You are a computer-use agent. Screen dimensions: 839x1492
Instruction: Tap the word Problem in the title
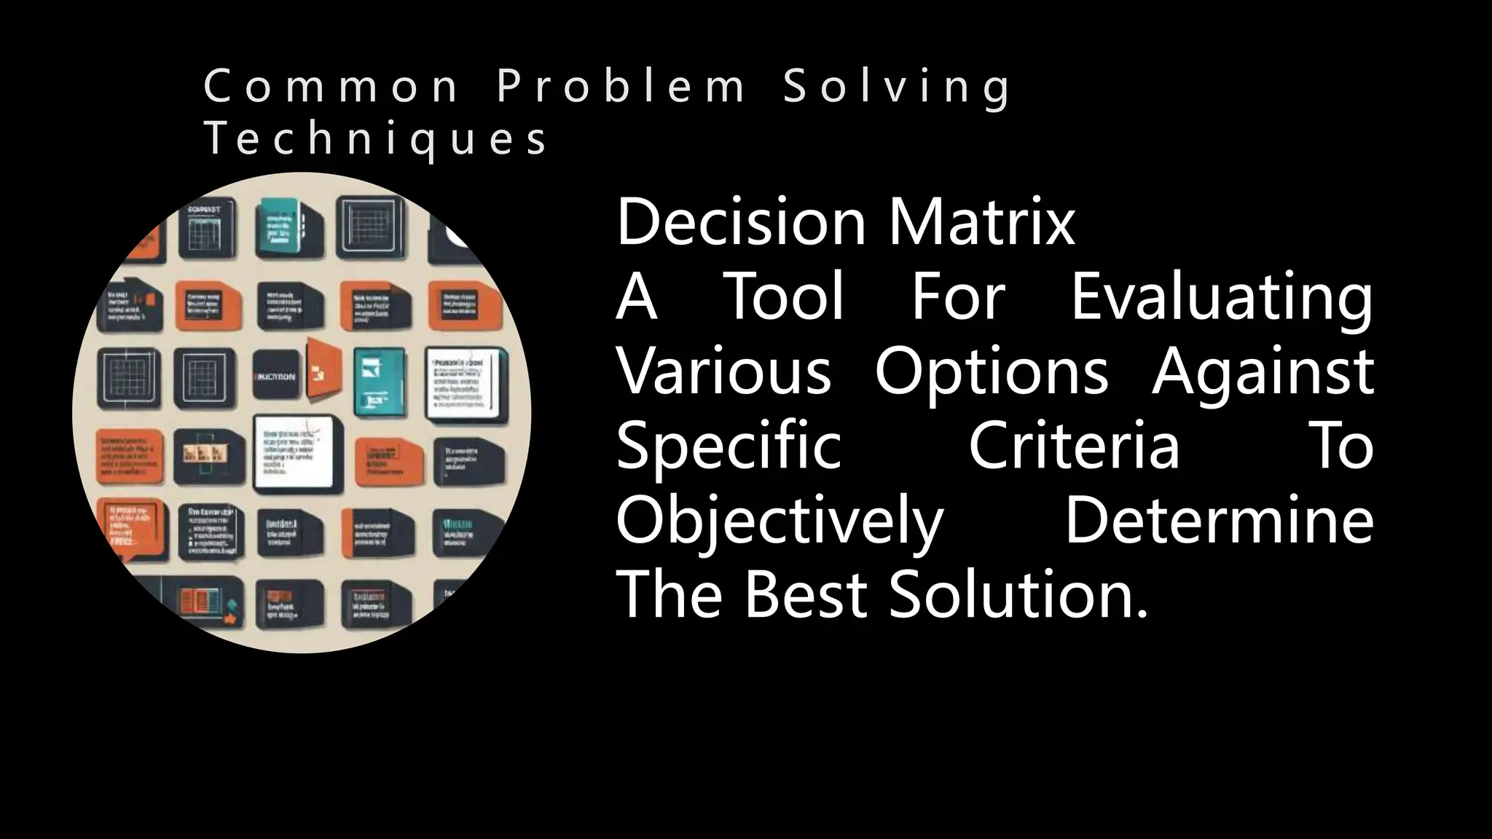tap(621, 86)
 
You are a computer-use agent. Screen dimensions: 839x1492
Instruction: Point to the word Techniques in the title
tap(376, 138)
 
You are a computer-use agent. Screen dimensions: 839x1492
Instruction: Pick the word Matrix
tap(981, 221)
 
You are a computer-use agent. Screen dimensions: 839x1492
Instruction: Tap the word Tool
tap(785, 296)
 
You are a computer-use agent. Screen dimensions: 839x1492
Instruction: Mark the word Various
tap(723, 371)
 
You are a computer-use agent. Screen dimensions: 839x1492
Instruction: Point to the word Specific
tap(729, 447)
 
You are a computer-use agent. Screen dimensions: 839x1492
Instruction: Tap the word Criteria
tap(1073, 446)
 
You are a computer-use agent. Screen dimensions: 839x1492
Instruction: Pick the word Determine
tap(1219, 520)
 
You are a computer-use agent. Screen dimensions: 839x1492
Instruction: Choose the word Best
tap(805, 594)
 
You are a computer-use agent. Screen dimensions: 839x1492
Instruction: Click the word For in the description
tap(958, 296)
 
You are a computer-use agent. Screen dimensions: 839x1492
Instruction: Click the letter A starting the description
tap(637, 296)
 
